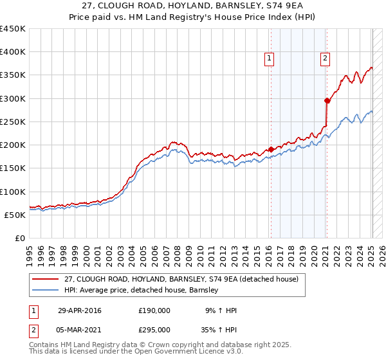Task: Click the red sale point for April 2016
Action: [x=271, y=149]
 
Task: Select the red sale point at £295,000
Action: [x=327, y=100]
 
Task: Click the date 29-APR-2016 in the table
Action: [x=80, y=310]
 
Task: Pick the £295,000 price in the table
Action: [x=154, y=329]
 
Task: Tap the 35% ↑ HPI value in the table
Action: [x=220, y=329]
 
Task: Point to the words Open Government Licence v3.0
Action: [x=173, y=353]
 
